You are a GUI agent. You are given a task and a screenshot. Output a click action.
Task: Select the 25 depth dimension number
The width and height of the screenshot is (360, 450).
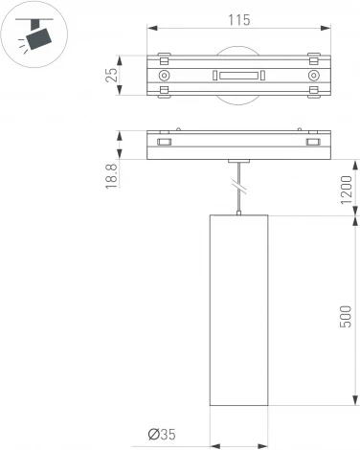click(x=111, y=75)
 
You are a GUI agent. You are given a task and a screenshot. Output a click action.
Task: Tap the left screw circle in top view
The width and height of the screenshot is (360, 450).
click(x=165, y=75)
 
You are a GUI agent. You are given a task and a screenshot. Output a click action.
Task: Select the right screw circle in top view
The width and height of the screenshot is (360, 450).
click(x=312, y=75)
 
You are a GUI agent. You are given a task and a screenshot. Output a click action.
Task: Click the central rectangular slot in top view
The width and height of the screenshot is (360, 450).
click(x=237, y=75)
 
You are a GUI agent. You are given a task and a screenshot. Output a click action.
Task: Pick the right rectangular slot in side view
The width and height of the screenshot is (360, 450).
click(x=311, y=143)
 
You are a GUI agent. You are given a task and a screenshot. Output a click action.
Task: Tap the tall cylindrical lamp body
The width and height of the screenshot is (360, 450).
click(x=237, y=325)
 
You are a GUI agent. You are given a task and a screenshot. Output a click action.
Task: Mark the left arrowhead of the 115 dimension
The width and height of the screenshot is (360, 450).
click(x=151, y=33)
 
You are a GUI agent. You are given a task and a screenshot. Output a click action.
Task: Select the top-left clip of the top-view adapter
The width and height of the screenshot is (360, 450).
click(x=164, y=56)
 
